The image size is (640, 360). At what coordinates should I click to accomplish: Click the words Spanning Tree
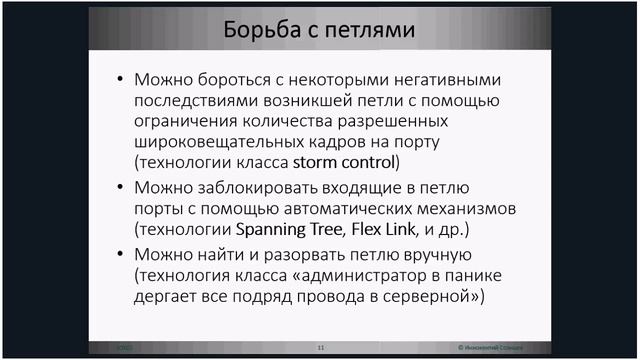pyautogui.click(x=274, y=229)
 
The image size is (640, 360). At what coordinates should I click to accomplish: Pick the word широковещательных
pyautogui.click(x=209, y=141)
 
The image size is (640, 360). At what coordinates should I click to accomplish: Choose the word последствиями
pyautogui.click(x=193, y=100)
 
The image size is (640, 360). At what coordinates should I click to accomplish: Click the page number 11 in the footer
pyautogui.click(x=321, y=347)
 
